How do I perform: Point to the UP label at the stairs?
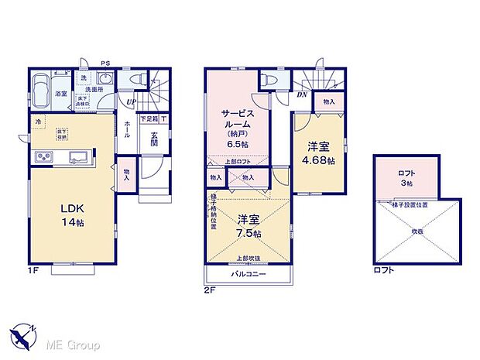pos(131,101)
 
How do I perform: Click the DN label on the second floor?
pos(302,95)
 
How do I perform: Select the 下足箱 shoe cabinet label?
pos(149,119)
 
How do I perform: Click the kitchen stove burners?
pos(42,159)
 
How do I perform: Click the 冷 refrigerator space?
pos(37,122)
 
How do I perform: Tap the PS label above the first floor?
pos(105,63)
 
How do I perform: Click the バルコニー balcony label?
pos(249,275)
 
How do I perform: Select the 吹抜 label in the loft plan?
pos(417,231)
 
